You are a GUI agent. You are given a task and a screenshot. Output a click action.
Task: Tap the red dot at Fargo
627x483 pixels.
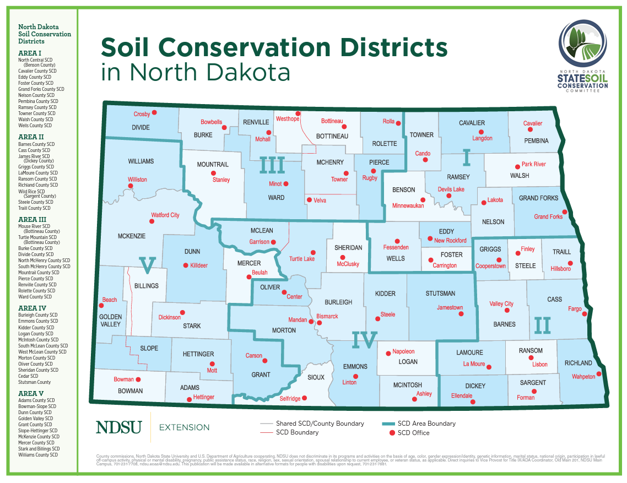[x=585, y=314]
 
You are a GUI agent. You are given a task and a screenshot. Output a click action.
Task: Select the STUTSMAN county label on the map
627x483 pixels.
[x=441, y=294]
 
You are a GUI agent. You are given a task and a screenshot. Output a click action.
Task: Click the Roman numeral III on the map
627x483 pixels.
[x=272, y=165]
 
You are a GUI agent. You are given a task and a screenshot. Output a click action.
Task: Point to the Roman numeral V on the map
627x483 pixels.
[x=147, y=265]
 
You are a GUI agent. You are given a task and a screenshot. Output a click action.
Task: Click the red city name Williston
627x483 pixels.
[x=137, y=180]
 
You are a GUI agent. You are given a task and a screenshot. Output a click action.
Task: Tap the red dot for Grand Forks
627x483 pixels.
[x=565, y=211]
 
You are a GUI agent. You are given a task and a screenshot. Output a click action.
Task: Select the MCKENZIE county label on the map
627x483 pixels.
[x=132, y=236]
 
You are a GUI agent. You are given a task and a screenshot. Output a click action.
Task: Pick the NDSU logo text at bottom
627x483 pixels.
[x=118, y=427]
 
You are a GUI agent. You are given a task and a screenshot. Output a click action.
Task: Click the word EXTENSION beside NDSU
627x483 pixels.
[x=184, y=427]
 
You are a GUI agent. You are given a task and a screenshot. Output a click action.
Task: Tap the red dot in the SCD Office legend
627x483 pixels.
[x=392, y=433]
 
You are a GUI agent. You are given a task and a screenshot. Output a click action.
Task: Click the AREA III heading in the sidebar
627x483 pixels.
[x=33, y=219]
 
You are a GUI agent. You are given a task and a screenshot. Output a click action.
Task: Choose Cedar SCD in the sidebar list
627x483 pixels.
[x=28, y=376]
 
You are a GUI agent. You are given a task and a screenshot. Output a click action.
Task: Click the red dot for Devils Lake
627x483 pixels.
[x=448, y=196]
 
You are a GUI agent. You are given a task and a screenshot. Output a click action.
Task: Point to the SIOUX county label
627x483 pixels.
[x=316, y=377]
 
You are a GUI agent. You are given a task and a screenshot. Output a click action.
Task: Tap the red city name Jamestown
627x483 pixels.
[x=450, y=307]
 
